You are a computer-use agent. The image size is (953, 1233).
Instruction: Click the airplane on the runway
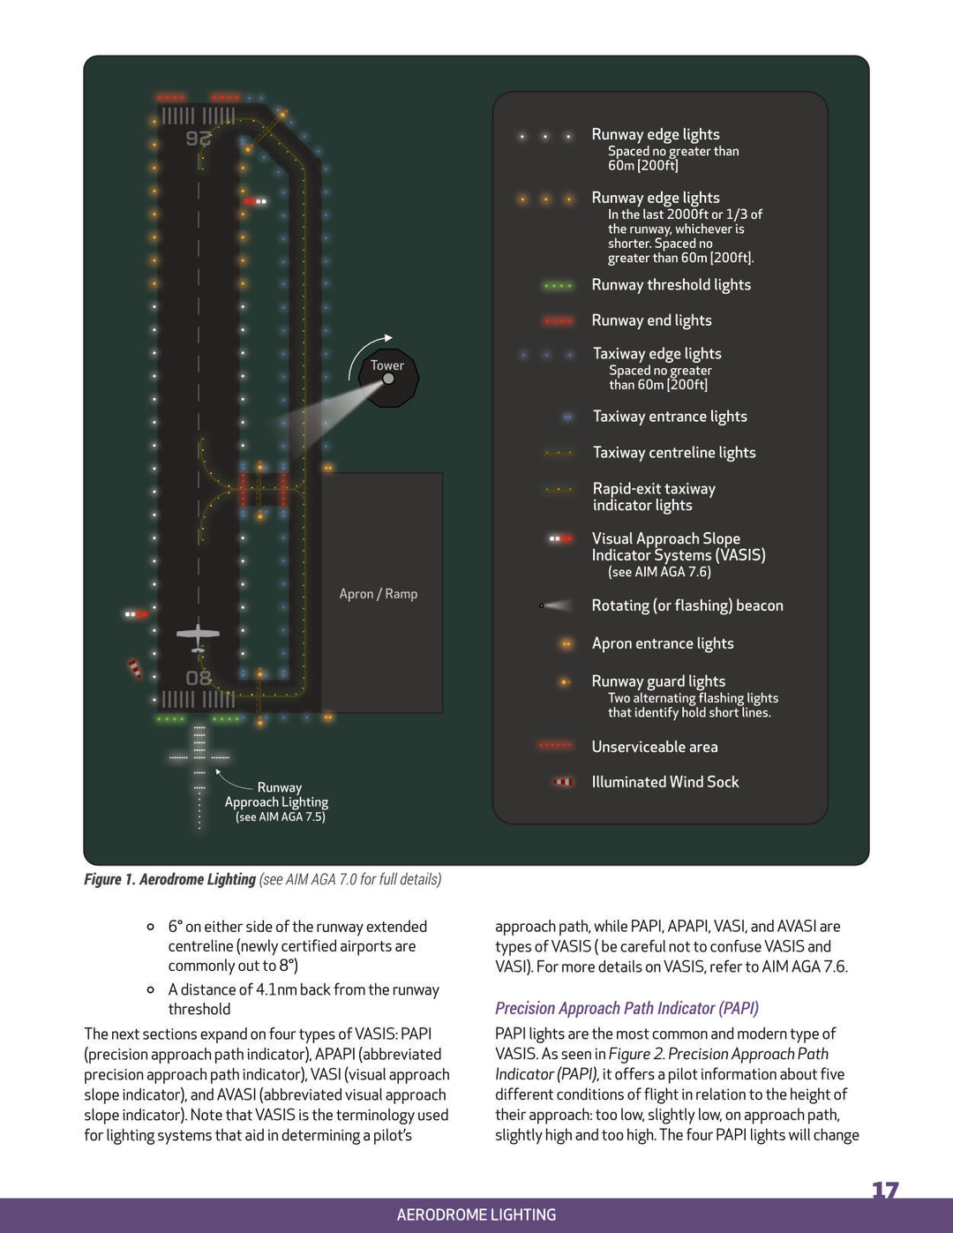click(x=198, y=635)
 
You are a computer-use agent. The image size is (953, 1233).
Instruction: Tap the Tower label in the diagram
click(x=386, y=365)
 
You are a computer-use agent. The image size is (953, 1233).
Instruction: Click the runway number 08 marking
click(x=199, y=678)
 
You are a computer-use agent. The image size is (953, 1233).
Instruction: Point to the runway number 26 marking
click(x=199, y=139)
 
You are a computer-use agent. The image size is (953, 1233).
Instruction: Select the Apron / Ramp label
click(x=379, y=594)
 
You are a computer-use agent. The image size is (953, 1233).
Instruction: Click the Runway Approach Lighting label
click(x=277, y=801)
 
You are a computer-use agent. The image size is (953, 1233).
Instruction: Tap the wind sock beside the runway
click(x=134, y=668)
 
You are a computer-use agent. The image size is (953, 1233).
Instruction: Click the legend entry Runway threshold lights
click(x=671, y=285)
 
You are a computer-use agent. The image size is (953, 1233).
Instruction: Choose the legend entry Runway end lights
click(x=651, y=320)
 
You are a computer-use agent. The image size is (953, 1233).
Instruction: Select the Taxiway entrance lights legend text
click(x=670, y=417)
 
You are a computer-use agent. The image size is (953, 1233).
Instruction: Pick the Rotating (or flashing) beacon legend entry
click(x=687, y=605)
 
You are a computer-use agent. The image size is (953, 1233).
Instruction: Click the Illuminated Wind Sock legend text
click(x=664, y=782)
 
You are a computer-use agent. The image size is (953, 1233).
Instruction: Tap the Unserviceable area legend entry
click(x=654, y=747)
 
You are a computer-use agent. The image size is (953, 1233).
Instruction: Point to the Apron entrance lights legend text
click(x=662, y=643)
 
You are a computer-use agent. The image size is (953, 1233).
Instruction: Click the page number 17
click(x=884, y=1191)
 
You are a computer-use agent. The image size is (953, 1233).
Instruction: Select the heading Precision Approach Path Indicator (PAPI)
click(x=627, y=1008)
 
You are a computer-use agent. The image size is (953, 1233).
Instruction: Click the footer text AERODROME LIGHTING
click(x=476, y=1214)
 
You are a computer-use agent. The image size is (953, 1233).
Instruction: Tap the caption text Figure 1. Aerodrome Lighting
click(x=169, y=879)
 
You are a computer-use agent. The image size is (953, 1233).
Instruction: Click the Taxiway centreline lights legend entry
click(x=673, y=453)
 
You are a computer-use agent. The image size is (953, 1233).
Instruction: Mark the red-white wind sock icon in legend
click(x=563, y=782)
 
